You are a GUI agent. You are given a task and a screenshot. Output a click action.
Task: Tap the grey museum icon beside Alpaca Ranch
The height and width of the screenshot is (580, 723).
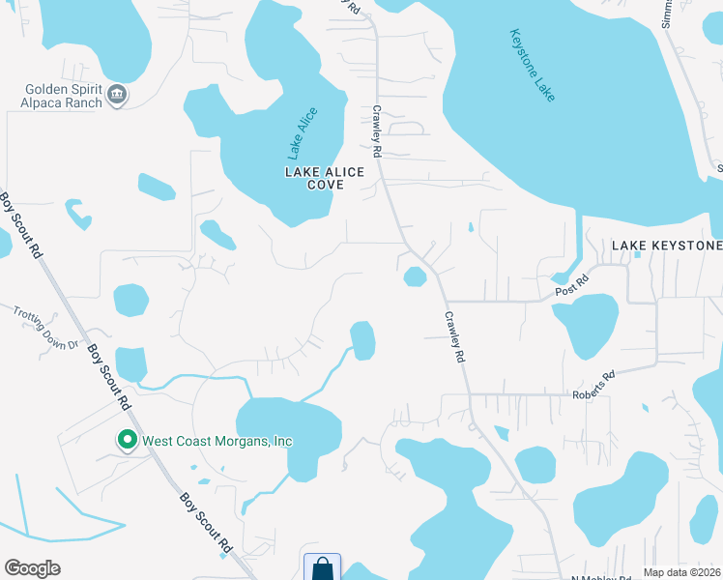(x=118, y=94)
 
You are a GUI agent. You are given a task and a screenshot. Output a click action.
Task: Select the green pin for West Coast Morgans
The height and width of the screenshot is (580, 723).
(x=127, y=440)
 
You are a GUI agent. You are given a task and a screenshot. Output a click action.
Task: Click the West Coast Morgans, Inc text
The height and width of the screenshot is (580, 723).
(x=217, y=441)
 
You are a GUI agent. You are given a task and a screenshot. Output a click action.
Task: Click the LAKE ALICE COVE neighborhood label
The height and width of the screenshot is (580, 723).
(x=324, y=178)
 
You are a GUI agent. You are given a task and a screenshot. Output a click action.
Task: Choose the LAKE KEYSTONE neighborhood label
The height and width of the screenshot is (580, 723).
(x=666, y=246)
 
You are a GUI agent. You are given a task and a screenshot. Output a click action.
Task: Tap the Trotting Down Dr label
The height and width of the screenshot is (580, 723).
(x=44, y=327)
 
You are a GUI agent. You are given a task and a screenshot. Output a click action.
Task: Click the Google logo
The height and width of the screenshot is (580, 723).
(x=32, y=568)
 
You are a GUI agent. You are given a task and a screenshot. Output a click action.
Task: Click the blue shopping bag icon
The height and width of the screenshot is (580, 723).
(x=321, y=568)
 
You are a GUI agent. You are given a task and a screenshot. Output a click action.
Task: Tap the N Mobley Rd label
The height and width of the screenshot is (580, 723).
(x=599, y=577)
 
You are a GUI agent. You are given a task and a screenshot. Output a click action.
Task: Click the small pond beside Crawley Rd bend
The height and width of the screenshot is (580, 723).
(x=415, y=277)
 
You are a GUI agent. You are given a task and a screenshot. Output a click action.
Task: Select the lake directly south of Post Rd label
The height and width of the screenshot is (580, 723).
(x=586, y=325)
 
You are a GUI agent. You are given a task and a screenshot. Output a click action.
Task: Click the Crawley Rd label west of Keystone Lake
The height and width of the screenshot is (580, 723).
(x=378, y=131)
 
